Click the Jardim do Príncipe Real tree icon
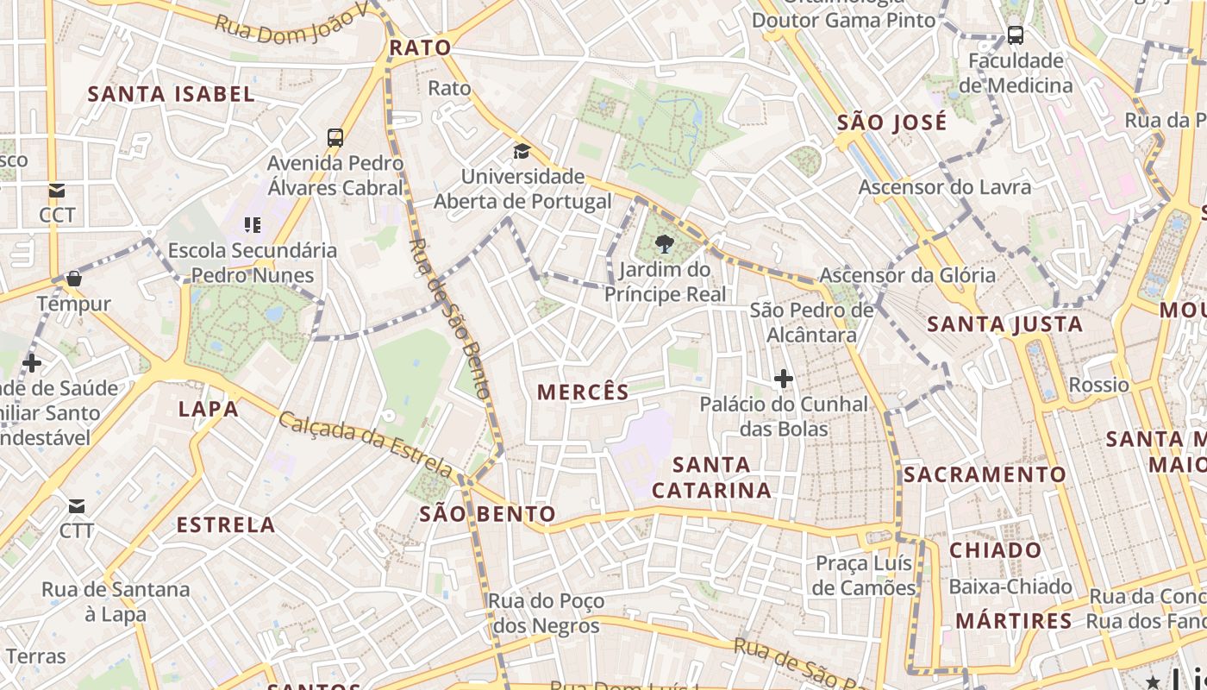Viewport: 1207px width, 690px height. click(664, 245)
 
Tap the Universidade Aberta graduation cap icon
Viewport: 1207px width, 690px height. click(522, 152)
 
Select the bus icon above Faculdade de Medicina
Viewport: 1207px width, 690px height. click(1016, 35)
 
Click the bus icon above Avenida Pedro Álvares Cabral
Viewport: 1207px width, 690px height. click(335, 137)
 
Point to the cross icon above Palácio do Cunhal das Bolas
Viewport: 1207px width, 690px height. click(783, 379)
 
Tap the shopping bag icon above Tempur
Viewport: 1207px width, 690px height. click(74, 279)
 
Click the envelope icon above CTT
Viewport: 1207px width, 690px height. click(77, 505)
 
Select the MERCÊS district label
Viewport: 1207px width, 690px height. click(584, 392)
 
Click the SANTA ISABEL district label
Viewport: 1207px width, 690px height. click(172, 94)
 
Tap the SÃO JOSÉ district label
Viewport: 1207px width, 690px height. click(892, 122)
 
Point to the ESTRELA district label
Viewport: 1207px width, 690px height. click(226, 524)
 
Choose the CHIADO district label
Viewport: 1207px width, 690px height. click(996, 550)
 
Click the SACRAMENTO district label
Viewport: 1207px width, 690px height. click(985, 474)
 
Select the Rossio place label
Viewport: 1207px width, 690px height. click(1098, 385)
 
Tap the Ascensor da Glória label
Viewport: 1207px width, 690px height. click(907, 276)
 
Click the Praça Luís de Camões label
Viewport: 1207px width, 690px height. click(865, 575)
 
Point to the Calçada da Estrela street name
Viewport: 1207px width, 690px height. click(366, 443)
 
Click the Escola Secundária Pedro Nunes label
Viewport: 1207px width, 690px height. click(252, 263)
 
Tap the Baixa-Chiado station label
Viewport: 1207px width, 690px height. click(1010, 587)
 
